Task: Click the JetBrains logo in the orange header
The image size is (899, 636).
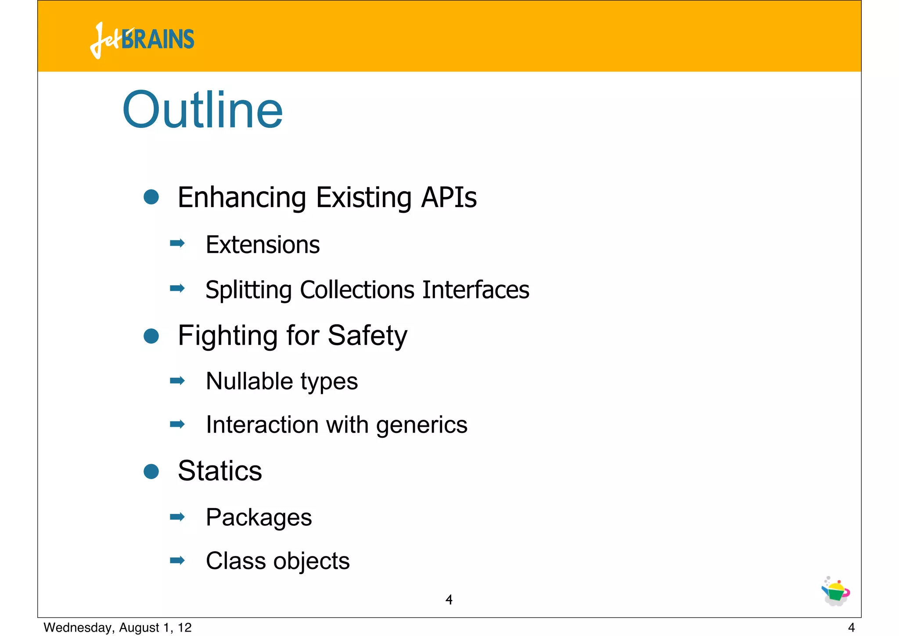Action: [x=142, y=40]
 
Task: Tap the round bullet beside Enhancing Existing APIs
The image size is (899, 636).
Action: [x=151, y=197]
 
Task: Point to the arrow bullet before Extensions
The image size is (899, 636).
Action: [x=177, y=243]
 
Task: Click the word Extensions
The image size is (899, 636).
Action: [x=263, y=245]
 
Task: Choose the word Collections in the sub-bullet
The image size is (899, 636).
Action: [x=357, y=290]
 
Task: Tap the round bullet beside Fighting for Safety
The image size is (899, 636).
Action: [x=151, y=336]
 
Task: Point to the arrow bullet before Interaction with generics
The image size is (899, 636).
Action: [x=177, y=424]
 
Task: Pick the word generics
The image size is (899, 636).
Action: [x=421, y=425]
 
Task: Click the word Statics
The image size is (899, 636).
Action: [x=220, y=471]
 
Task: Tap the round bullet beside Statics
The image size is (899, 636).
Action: [x=151, y=472]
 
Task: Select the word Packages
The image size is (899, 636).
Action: [x=259, y=518]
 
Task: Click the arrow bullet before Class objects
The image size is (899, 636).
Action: [x=177, y=560]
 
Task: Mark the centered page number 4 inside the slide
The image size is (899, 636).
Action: [x=449, y=600]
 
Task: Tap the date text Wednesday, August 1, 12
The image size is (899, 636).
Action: [x=118, y=628]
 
